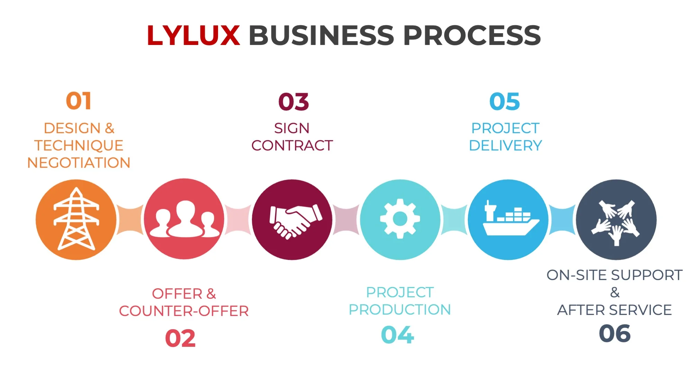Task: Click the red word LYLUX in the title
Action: [x=193, y=35]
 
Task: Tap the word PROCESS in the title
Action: [x=472, y=35]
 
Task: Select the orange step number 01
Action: [x=79, y=101]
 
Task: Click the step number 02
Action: [x=180, y=338]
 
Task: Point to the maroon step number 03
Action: [x=293, y=102]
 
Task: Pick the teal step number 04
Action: [x=397, y=335]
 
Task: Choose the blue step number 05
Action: [x=504, y=102]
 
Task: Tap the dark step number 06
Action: [x=614, y=334]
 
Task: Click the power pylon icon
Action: [x=76, y=219]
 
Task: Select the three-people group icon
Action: [x=184, y=219]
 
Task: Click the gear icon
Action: [x=400, y=219]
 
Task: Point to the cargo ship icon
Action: [x=508, y=219]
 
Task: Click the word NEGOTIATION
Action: [x=79, y=163]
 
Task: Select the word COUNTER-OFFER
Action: [x=184, y=311]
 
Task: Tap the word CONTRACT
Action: [x=292, y=146]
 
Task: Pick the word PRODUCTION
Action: [x=400, y=310]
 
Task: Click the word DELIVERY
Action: [x=505, y=146]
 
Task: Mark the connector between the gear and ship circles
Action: [x=454, y=219]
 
